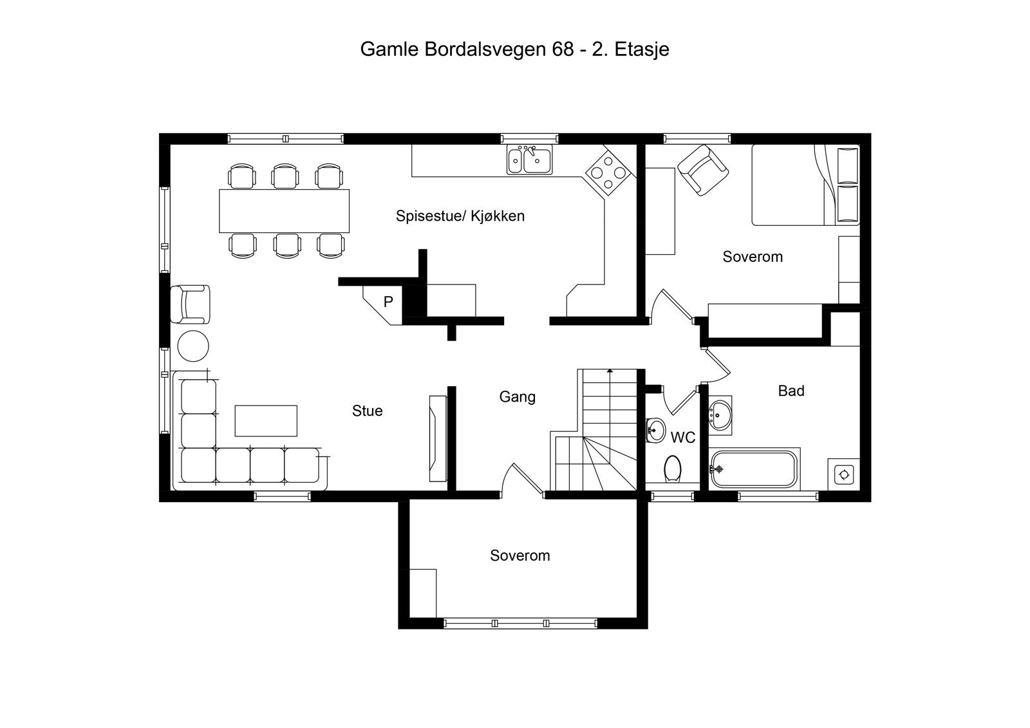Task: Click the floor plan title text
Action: coord(514,50)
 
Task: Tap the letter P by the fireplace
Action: coord(388,301)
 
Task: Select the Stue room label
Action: coord(367,411)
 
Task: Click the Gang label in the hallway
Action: coord(517,397)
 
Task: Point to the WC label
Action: coord(682,438)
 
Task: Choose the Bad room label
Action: coord(791,391)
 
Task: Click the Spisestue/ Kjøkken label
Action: coord(460,216)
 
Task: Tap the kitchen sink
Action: coord(529,160)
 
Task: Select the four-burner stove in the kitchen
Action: coord(608,172)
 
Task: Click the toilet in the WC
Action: coord(673,469)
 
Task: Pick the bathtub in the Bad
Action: coord(754,469)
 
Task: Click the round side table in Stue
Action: coord(192,346)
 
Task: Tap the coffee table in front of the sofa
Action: coord(266,420)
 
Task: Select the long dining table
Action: coord(284,210)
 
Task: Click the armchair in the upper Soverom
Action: coord(703,169)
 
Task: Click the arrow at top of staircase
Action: coord(609,371)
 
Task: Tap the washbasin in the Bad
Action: coord(720,413)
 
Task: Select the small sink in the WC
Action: coord(655,429)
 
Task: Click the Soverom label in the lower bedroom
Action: coord(520,555)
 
